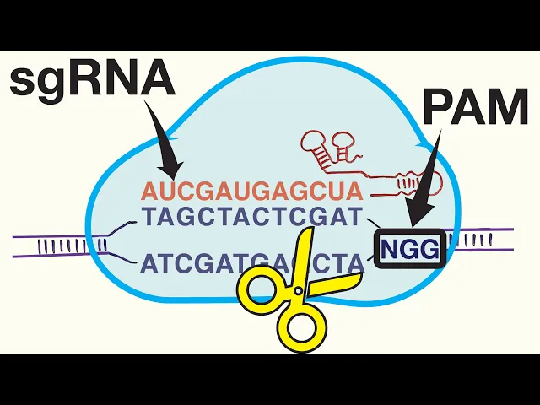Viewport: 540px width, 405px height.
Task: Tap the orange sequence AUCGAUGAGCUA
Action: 252,190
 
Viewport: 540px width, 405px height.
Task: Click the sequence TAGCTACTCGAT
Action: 252,218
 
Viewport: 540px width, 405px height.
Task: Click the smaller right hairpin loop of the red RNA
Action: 344,136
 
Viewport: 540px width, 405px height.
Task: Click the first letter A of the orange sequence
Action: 149,190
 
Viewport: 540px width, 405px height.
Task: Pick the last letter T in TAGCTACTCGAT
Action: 354,218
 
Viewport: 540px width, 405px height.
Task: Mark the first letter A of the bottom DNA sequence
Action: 148,263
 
